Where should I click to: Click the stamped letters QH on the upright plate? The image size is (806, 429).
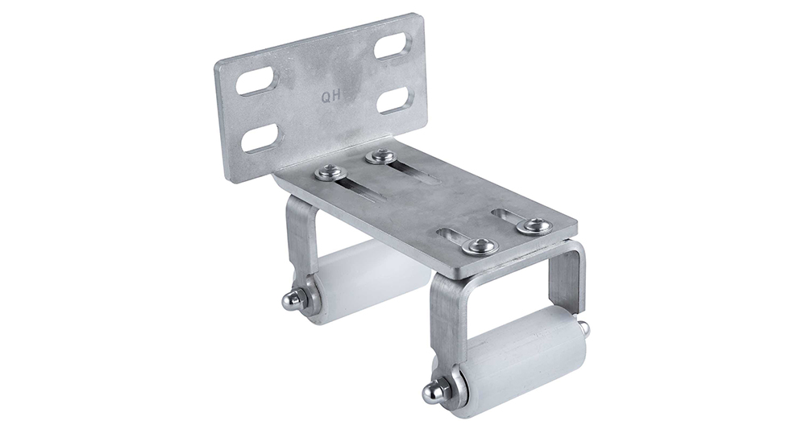pyautogui.click(x=330, y=96)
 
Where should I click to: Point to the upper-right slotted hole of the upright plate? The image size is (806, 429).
pyautogui.click(x=395, y=47)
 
